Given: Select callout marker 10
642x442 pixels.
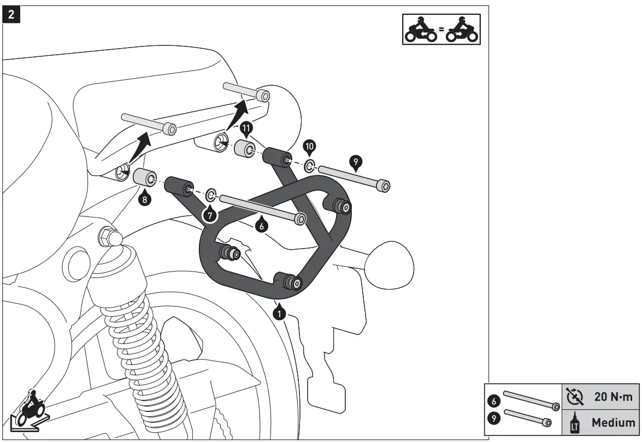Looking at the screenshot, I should point(310,146).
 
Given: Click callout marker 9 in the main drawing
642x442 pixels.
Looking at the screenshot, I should point(355,162).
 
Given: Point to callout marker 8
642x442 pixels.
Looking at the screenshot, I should point(144,199).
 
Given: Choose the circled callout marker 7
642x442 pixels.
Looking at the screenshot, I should point(209,214).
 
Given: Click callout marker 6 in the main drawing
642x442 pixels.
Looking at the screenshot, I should point(261,225).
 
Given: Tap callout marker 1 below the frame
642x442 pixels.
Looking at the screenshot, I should point(280,314).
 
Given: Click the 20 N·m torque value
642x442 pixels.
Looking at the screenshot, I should point(614,397).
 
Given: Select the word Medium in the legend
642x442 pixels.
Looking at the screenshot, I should point(614,422).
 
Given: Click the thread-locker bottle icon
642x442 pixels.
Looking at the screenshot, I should point(575,422).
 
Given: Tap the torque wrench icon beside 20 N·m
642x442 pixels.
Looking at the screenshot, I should point(575,397).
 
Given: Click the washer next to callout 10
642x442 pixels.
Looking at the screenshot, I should point(309,164).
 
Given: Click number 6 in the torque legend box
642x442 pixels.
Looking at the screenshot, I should point(494,400).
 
